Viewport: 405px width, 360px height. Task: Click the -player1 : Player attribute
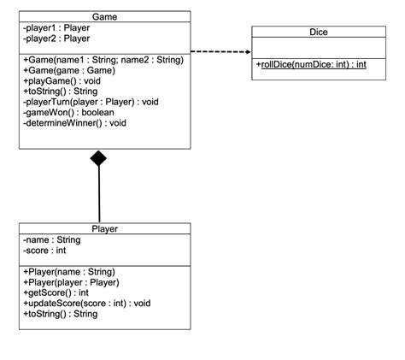[x=56, y=27]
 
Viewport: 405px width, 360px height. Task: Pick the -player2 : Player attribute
[x=56, y=38]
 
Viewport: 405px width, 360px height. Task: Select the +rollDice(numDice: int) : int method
[x=310, y=63]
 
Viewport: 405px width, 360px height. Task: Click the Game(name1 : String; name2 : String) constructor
[x=103, y=60]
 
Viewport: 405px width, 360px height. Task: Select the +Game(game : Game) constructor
[x=71, y=71]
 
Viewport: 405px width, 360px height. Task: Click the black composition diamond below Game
[x=99, y=158]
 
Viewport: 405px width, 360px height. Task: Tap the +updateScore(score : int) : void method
[x=86, y=303]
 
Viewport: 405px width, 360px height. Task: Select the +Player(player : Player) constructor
[x=71, y=282]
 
